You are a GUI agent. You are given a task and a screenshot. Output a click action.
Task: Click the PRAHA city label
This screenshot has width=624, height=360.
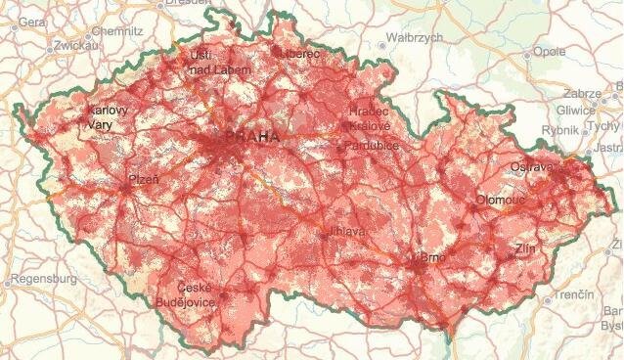coord(251,137)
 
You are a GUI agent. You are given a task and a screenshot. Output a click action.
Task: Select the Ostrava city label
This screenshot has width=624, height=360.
coord(532,167)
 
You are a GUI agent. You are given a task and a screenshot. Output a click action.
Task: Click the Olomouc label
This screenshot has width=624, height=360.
coord(501,200)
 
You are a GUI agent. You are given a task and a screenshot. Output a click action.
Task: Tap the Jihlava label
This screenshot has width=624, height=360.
coord(347,232)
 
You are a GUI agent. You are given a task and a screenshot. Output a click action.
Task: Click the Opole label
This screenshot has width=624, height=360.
coord(551,52)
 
